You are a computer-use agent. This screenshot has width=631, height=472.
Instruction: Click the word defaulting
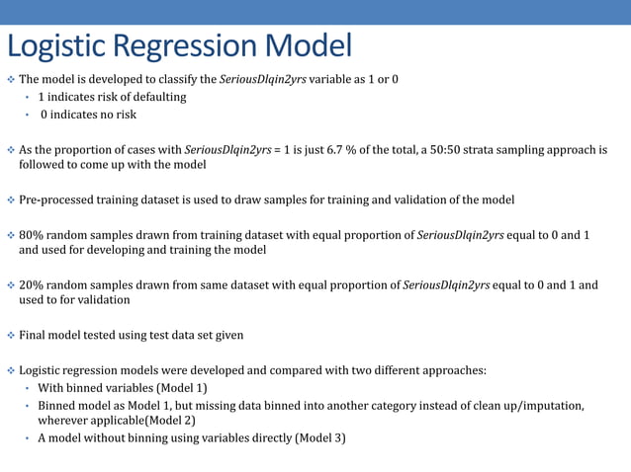pos(154,97)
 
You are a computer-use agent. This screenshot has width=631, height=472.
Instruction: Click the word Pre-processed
pos(58,200)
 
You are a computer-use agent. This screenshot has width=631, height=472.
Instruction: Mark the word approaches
pos(452,370)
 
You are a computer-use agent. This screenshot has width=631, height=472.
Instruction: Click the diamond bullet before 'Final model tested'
pos(11,335)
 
